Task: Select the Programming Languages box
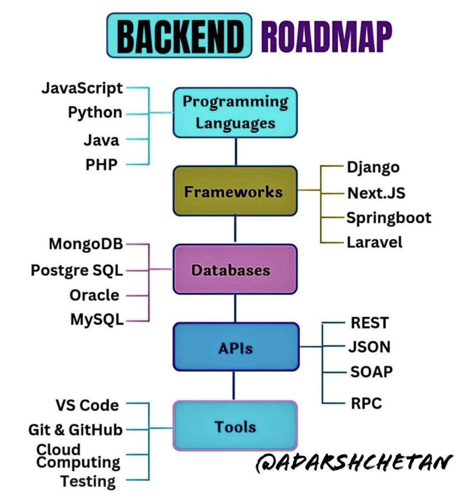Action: [235, 112]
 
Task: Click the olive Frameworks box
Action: [235, 191]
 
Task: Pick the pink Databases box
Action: [235, 270]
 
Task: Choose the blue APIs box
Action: [236, 347]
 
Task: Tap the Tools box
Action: [235, 426]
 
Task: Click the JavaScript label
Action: [82, 88]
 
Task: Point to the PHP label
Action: [101, 165]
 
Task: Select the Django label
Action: [373, 167]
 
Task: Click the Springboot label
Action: [389, 217]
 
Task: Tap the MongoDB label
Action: [86, 244]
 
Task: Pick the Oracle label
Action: [94, 295]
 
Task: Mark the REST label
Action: [370, 323]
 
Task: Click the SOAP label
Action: [371, 371]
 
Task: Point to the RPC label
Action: [366, 403]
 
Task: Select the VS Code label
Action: [87, 405]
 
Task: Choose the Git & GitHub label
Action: [75, 430]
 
